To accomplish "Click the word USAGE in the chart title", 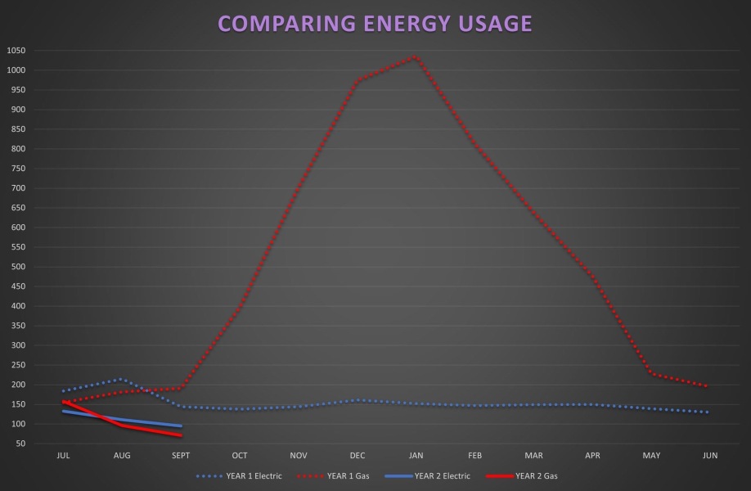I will coord(492,24).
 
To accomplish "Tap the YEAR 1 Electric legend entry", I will coord(239,475).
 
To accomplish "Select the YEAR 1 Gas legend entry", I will coord(336,475).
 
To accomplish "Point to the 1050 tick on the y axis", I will coord(16,51).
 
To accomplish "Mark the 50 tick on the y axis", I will coord(20,444).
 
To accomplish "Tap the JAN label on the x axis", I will coord(416,456).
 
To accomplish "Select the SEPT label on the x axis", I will coord(181,456).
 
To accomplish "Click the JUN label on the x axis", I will coord(709,456).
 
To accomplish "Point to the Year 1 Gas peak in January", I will coord(416,56).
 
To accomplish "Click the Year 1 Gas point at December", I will coord(357,81).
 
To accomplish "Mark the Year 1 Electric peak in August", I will coord(122,379).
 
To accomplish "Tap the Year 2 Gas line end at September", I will coord(181,435).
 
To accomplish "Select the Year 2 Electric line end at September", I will coord(181,426).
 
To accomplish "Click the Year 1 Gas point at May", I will coord(651,373).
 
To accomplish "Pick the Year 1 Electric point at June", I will coord(708,412).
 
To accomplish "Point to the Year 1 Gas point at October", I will coord(240,309).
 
